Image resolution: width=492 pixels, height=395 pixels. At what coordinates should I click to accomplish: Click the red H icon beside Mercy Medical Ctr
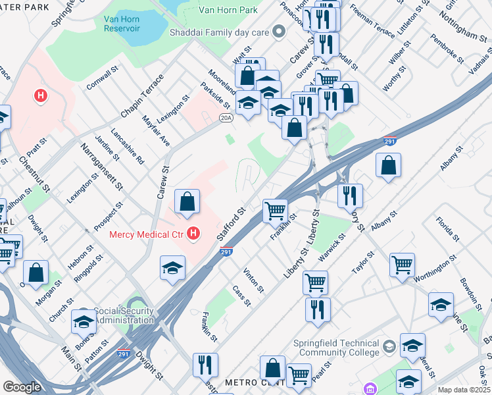point(193,233)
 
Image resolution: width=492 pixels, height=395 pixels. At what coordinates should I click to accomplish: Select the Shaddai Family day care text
point(224,31)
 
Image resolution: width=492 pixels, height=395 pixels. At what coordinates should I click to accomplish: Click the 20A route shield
point(226,118)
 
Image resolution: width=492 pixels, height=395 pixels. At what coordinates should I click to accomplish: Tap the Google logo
point(22,387)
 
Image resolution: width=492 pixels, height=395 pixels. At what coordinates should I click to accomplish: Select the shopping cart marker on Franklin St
point(275,211)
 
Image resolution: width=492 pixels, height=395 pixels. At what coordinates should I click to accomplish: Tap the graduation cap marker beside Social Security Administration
point(84,321)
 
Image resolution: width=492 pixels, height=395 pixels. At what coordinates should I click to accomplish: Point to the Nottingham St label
point(464,26)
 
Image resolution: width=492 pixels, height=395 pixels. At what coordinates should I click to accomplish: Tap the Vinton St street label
point(253,280)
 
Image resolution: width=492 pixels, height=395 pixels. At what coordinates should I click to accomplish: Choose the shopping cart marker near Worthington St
point(401,265)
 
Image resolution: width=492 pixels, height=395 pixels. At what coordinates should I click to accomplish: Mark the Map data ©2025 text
point(464,390)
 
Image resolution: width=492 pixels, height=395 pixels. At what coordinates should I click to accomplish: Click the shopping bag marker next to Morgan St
point(36,272)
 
